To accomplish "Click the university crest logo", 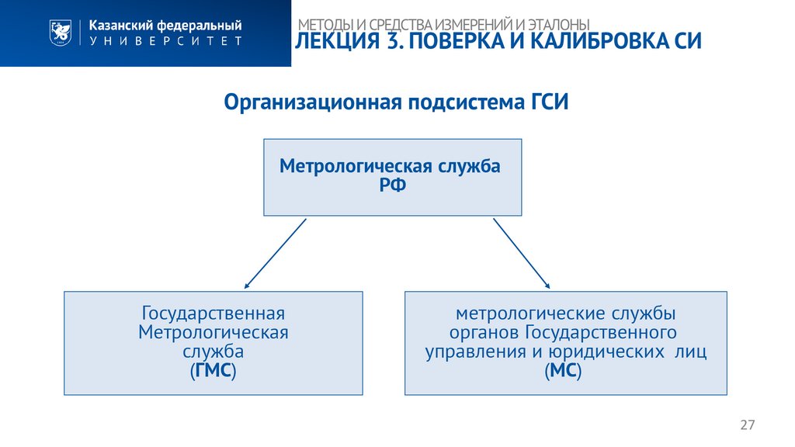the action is (x=57, y=33).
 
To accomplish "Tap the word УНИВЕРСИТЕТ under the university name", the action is (x=165, y=41).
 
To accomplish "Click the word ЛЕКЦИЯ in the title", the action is (x=335, y=42).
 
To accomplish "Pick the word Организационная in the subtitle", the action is (x=310, y=102).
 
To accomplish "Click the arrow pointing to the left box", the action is (x=275, y=254).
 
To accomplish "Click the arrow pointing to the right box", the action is (x=522, y=254).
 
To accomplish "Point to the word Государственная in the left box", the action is (x=213, y=314).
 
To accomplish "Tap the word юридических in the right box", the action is (x=597, y=352).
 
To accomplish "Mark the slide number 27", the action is (x=748, y=424).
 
